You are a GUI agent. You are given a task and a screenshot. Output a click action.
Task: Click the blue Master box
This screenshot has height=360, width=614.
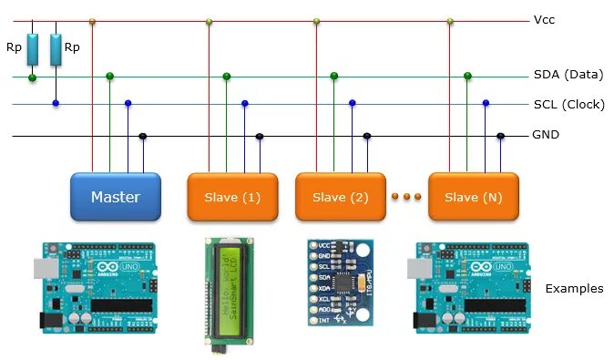116,197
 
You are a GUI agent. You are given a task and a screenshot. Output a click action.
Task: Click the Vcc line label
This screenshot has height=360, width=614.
544,19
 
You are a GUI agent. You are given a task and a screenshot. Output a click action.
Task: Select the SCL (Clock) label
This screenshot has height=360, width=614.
568,104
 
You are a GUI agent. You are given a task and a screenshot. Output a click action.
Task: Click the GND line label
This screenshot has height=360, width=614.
546,135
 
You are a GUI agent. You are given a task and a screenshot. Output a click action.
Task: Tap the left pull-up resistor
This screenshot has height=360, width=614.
33,50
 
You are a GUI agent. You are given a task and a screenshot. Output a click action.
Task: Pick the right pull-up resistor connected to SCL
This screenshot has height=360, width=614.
56,50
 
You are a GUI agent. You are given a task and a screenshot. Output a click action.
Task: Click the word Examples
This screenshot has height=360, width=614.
574,289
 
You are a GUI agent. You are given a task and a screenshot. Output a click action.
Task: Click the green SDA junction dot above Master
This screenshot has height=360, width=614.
110,76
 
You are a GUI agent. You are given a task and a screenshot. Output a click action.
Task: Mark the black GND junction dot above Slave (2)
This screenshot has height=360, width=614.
367,136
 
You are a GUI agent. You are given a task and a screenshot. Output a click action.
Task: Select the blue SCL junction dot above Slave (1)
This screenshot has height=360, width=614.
244,104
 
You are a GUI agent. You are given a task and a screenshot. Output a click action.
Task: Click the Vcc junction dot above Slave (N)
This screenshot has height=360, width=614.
450,20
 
